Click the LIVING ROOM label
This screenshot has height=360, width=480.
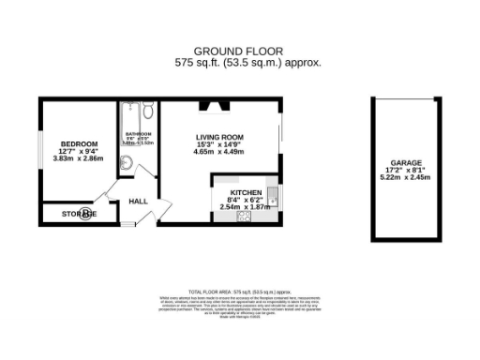tap(219, 138)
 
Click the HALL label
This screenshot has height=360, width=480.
tap(138, 202)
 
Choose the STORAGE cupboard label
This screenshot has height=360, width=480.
tap(80, 215)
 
